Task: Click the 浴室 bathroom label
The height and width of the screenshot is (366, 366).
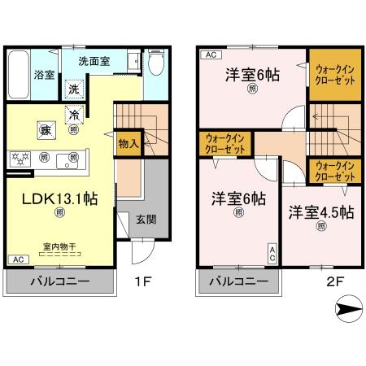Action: point(44,75)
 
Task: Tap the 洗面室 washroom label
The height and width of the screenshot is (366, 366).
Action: point(95,60)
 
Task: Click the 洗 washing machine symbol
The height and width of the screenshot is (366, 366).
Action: point(74,89)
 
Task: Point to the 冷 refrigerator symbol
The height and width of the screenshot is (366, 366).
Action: point(74,115)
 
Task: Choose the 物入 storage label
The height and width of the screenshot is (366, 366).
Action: point(129,144)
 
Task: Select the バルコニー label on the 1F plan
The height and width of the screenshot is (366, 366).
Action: point(60,282)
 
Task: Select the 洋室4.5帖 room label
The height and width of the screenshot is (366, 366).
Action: point(320,212)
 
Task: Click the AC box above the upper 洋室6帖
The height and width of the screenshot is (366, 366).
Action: point(209,55)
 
